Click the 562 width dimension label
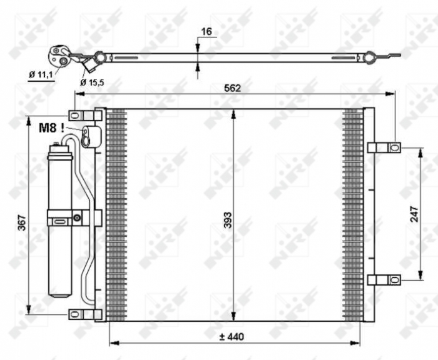pos(233,89)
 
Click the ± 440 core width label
pos(232,337)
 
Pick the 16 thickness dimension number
pos(207,31)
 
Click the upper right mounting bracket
pos(384,147)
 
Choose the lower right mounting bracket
pos(384,279)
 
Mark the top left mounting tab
pos(84,116)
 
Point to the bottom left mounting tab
pos(84,314)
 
